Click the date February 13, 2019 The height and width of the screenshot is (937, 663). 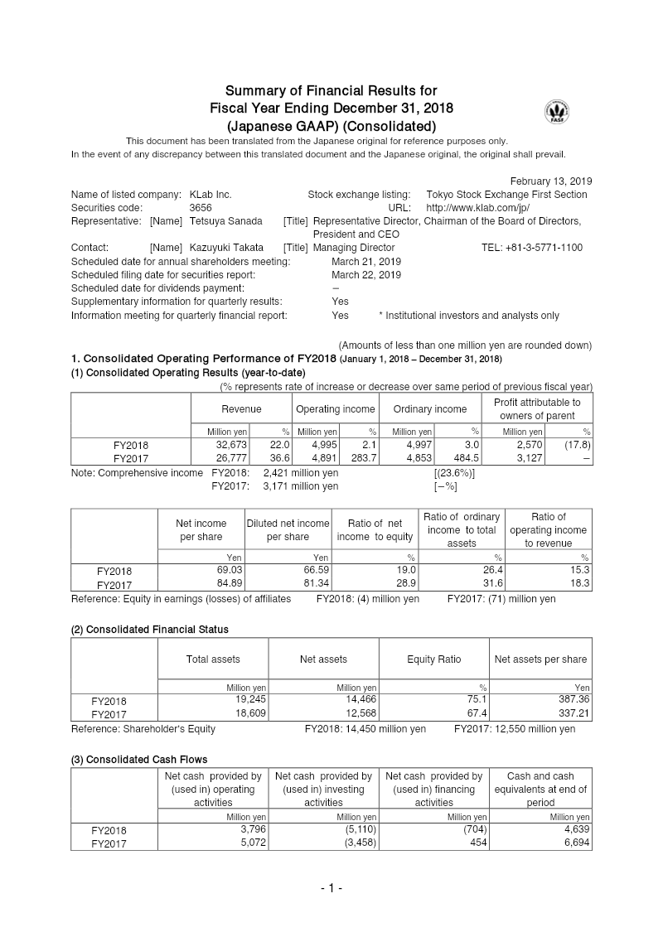[550, 181]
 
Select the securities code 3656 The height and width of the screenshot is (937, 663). [201, 208]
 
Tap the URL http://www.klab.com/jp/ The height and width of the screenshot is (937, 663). [477, 208]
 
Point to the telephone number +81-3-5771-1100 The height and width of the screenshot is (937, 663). [532, 248]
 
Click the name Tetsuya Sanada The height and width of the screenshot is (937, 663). [225, 221]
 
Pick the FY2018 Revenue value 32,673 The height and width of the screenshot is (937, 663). [232, 445]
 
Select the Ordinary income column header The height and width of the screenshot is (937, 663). [429, 409]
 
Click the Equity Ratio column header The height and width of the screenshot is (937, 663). [433, 659]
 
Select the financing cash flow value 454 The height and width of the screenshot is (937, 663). [477, 842]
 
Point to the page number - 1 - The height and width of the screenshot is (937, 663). [331, 889]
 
